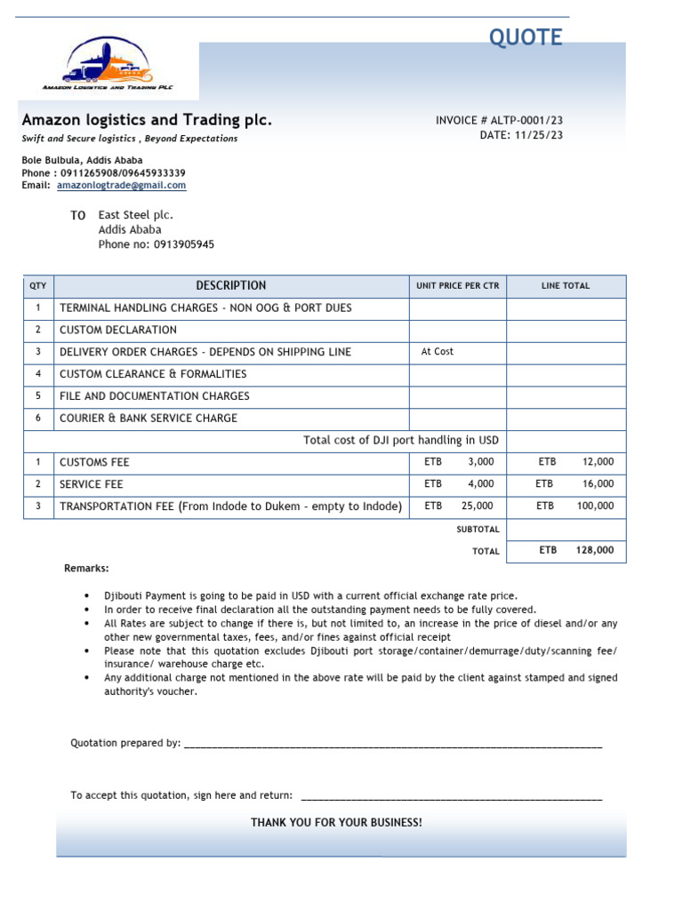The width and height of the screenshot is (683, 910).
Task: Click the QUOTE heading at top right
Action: point(526,37)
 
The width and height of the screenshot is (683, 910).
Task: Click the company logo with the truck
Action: point(108,64)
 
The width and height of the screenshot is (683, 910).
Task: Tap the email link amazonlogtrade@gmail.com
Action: point(121,186)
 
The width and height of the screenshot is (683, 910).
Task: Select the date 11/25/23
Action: point(538,135)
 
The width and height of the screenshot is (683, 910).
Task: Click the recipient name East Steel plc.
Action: point(135,215)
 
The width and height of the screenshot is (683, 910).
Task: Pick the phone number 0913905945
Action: point(184,244)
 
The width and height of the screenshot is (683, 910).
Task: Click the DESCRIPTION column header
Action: point(230,285)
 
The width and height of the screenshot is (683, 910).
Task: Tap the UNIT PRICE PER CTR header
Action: point(457,286)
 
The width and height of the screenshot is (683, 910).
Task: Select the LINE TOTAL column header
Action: point(566,286)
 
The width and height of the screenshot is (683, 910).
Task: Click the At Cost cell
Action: point(438,352)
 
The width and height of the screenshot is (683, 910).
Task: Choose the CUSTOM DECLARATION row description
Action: point(118,330)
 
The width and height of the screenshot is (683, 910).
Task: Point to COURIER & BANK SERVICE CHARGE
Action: point(149,418)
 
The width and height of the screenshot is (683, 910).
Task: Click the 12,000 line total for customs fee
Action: point(598,462)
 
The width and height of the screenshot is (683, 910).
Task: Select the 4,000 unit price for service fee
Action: point(480,484)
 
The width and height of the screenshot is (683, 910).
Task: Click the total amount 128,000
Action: point(595,550)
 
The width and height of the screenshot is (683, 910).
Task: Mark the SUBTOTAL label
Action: point(478,530)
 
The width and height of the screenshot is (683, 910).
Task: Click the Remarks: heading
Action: point(86,568)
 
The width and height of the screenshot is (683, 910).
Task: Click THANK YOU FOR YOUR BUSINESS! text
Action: point(336,823)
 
